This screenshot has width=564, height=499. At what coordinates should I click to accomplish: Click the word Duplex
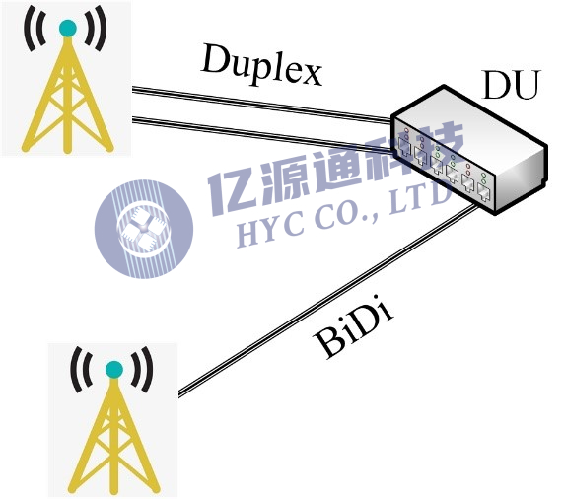coord(262,65)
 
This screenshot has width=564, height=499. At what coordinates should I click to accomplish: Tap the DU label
coord(512,85)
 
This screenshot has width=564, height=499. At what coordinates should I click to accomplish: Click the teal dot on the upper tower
coord(68,28)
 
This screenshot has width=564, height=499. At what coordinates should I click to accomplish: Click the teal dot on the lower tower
coord(114,370)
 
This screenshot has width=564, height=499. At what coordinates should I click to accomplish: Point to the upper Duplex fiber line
coord(262,104)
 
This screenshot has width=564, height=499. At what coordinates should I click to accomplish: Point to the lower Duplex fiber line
coord(262,134)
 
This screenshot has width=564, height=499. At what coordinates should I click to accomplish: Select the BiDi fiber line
coord(328,300)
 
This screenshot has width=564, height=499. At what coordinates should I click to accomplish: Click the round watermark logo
coord(144,229)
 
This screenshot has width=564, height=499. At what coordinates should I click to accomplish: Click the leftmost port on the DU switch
coord(404,148)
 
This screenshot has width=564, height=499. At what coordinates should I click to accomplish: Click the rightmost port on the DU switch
coord(483,193)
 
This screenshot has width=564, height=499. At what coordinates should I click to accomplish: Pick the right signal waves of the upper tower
coord(96,29)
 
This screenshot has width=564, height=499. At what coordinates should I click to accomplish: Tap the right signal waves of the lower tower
coord(142,369)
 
